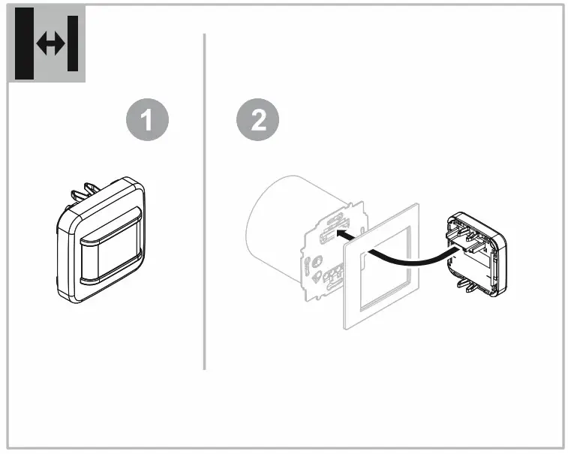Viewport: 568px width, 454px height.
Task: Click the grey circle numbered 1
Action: pyautogui.click(x=147, y=122)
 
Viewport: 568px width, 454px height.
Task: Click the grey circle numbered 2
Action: pyautogui.click(x=257, y=122)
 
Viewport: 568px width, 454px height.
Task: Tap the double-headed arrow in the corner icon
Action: pyautogui.click(x=50, y=44)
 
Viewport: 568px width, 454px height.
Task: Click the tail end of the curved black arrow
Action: pyautogui.click(x=450, y=255)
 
